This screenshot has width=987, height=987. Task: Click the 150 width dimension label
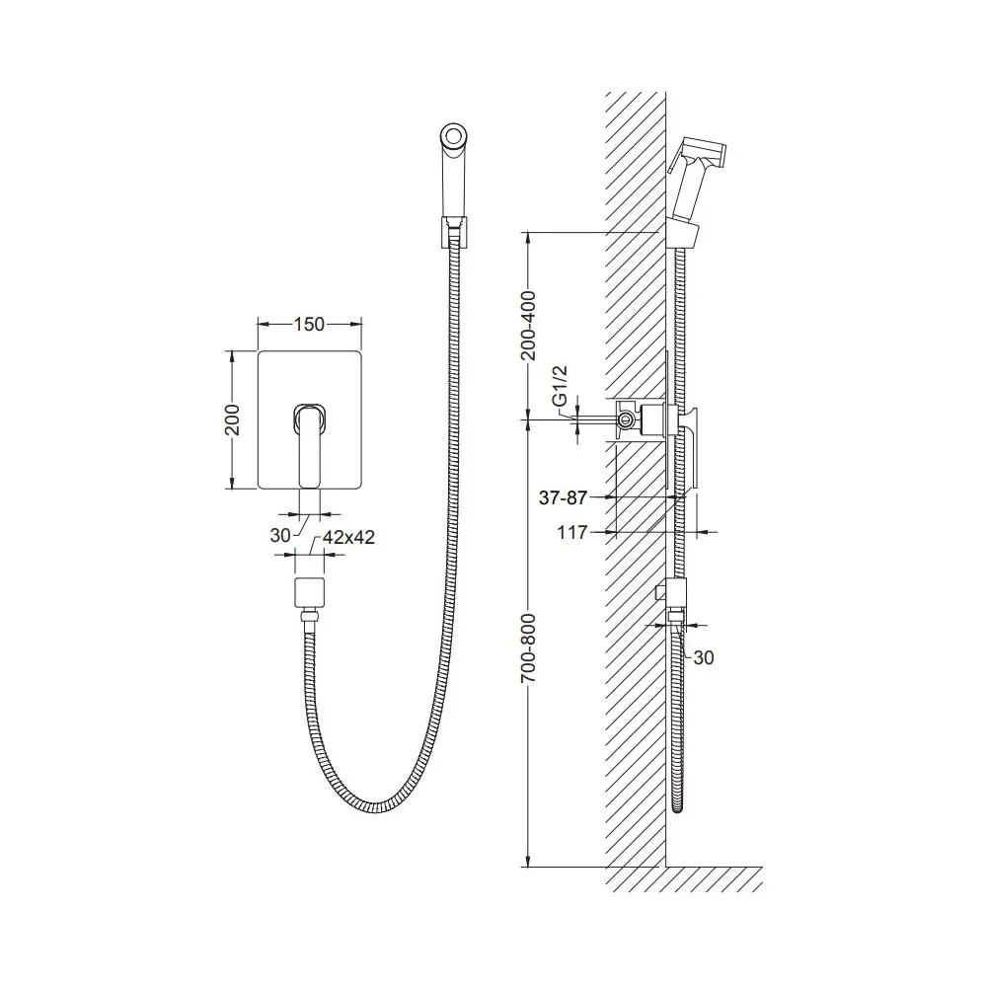pyautogui.click(x=309, y=324)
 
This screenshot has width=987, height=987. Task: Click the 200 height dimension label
pyautogui.click(x=232, y=419)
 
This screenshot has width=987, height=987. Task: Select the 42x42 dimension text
pyautogui.click(x=348, y=537)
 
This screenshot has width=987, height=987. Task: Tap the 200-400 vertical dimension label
pyautogui.click(x=529, y=326)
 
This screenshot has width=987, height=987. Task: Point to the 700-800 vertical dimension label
pyautogui.click(x=529, y=648)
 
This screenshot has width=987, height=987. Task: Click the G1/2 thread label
pyautogui.click(x=560, y=385)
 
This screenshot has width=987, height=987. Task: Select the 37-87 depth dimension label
pyautogui.click(x=563, y=497)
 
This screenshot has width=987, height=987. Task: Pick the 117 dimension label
pyautogui.click(x=571, y=533)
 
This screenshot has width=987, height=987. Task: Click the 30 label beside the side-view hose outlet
pyautogui.click(x=703, y=657)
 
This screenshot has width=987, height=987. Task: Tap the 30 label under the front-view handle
pyautogui.click(x=280, y=535)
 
